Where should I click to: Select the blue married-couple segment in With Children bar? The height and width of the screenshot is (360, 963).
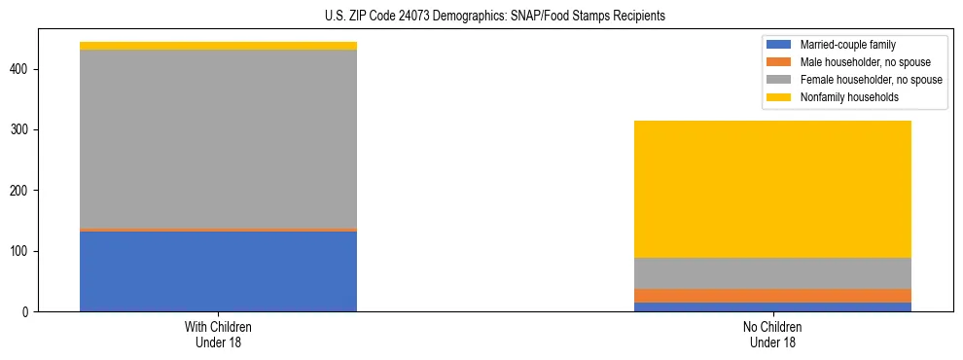(218, 271)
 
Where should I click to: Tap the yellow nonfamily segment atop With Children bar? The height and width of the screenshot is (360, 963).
(218, 46)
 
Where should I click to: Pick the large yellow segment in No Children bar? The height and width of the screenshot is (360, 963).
(772, 189)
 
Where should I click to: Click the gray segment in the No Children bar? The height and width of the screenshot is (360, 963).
(772, 273)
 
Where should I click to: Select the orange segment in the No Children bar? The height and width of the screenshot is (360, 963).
(772, 296)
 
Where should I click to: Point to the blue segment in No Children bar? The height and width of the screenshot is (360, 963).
(772, 306)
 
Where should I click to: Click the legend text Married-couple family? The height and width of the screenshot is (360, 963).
(847, 45)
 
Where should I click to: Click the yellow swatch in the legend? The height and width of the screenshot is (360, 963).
(779, 97)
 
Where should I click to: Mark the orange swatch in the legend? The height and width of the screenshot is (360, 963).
(779, 62)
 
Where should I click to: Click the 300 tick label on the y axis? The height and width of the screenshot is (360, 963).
(28, 130)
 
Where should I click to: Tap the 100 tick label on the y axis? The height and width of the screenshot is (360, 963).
(28, 251)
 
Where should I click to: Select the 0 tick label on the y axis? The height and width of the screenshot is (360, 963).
(32, 311)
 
